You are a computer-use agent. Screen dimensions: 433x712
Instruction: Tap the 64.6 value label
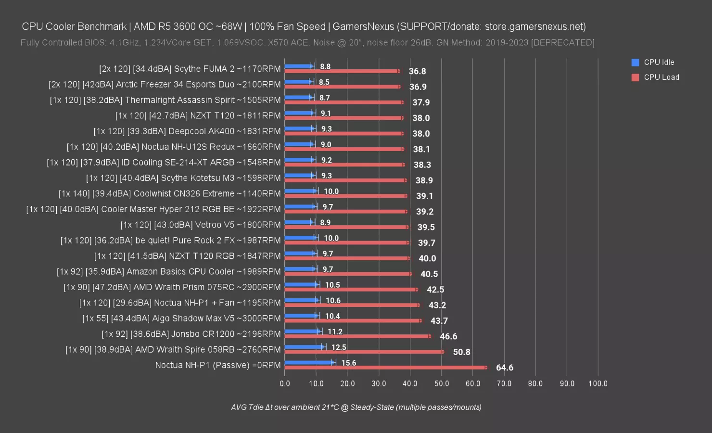[504, 368]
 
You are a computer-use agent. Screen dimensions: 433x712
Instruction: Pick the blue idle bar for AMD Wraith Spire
[305, 346]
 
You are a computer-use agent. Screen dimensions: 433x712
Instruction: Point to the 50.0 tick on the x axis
[442, 383]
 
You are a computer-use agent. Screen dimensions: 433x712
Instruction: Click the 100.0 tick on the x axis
[598, 383]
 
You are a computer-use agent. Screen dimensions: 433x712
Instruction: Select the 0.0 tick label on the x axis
[285, 383]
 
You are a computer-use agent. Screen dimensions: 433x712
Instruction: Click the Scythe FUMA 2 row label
[190, 69]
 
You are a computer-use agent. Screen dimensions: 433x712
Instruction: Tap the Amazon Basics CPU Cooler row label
[168, 271]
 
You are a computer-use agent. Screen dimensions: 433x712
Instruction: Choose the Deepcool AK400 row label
[187, 131]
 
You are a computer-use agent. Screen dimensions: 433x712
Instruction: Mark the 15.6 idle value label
[348, 363]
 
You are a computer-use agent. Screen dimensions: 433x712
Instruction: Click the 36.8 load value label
[417, 71]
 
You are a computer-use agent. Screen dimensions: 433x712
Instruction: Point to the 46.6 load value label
[448, 336]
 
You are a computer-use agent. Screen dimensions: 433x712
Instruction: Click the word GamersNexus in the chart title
[363, 26]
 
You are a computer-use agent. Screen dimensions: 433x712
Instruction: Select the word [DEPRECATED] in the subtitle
[562, 42]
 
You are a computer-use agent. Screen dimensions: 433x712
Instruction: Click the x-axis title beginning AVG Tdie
[356, 407]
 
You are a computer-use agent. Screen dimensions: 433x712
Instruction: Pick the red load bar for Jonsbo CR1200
[357, 336]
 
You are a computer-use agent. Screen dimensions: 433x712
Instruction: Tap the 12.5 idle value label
[339, 347]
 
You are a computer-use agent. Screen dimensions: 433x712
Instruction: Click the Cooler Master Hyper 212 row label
[153, 209]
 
